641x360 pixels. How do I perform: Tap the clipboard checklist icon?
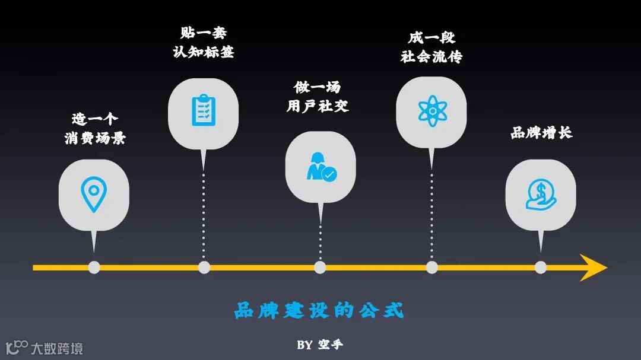pyautogui.click(x=203, y=110)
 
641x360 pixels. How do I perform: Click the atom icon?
pyautogui.click(x=431, y=111)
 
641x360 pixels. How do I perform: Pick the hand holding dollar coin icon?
pyautogui.click(x=540, y=195)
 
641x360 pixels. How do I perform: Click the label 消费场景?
pyautogui.click(x=95, y=139)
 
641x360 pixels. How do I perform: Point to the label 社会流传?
pyautogui.click(x=431, y=57)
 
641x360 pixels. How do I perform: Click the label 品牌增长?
pyautogui.click(x=541, y=132)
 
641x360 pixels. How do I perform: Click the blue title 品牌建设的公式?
pyautogui.click(x=319, y=310)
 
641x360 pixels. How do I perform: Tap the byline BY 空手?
pyautogui.click(x=320, y=345)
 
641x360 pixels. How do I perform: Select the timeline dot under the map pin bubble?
pyautogui.click(x=94, y=267)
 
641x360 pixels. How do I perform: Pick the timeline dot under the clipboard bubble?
pyautogui.click(x=204, y=267)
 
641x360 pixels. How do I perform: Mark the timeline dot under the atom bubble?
pyautogui.click(x=431, y=267)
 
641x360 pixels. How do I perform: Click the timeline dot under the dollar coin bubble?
pyautogui.click(x=540, y=267)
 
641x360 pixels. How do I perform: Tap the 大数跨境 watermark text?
pyautogui.click(x=57, y=348)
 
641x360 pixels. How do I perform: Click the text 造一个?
pyautogui.click(x=95, y=119)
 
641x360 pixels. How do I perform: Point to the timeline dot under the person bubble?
pyautogui.click(x=320, y=267)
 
